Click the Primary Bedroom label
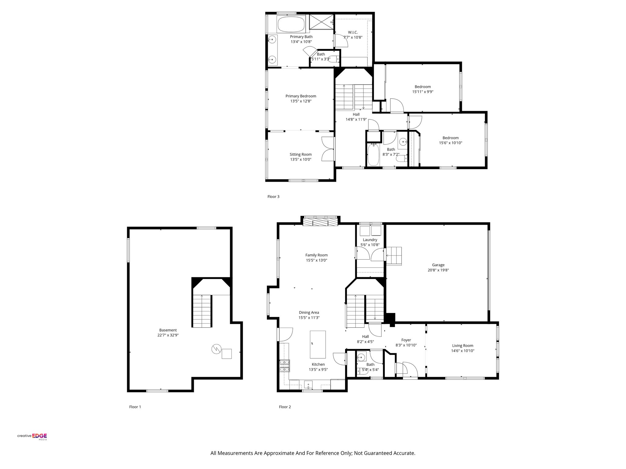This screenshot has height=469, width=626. [x=301, y=96]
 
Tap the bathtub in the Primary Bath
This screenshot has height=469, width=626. [x=291, y=24]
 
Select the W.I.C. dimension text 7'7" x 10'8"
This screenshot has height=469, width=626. [x=353, y=38]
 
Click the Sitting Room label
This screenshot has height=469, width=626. [x=301, y=155]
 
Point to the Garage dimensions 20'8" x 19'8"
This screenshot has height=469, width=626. [x=438, y=270]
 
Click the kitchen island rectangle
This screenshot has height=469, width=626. [x=318, y=344]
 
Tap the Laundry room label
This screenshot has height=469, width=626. [x=370, y=240]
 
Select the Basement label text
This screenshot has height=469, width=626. [x=168, y=330]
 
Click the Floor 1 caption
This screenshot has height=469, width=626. [x=135, y=407]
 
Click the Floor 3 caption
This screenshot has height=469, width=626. [x=273, y=197]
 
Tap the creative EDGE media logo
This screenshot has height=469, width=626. [x=32, y=437]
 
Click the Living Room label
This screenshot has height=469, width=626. [x=462, y=346]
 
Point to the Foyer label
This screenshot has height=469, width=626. [x=406, y=340]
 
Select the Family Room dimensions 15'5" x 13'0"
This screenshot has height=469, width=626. [x=316, y=260]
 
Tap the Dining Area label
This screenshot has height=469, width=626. [x=309, y=313]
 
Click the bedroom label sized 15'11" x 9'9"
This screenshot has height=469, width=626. [x=422, y=87]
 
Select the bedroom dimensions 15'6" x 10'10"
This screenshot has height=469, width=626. [x=450, y=143]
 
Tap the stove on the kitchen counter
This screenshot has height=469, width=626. [x=284, y=366]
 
